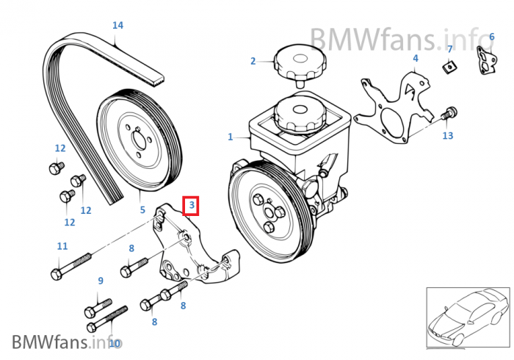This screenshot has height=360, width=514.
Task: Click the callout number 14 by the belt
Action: pos(117,26)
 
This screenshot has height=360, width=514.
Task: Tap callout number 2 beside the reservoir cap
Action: pos(253,61)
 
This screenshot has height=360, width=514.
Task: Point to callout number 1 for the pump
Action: pos(230,137)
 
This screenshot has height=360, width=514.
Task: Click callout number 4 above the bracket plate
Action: pos(415,58)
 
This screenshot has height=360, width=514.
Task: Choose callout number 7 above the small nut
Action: pos(449,49)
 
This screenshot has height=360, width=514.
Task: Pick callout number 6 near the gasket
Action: pos(491,36)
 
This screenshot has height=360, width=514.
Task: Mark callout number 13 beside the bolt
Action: pos(448,136)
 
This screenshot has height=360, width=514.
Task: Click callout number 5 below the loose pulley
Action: pos(142,210)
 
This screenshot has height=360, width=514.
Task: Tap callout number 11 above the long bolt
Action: pos(62,246)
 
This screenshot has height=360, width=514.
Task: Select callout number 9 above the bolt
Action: pos(101,281)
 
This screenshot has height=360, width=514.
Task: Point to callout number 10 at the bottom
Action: pos(114,342)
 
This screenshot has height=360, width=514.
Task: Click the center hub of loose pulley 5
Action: pos(137,143)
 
